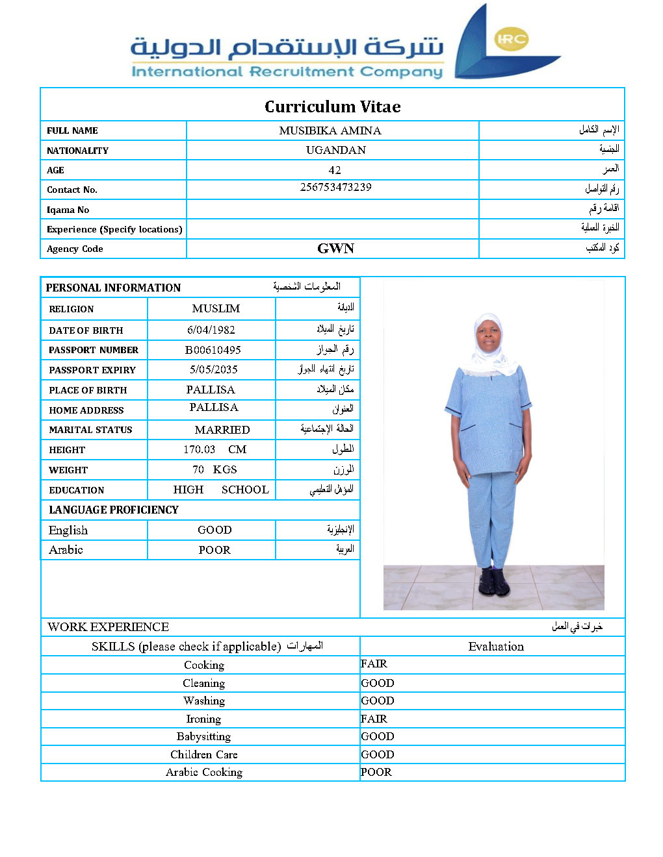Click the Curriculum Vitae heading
(x=332, y=106)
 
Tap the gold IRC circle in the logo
(x=511, y=39)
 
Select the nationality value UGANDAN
(x=335, y=150)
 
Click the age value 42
(x=335, y=170)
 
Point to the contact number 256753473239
(x=335, y=187)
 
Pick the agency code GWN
(x=335, y=249)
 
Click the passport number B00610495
(x=213, y=350)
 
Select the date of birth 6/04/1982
(x=211, y=330)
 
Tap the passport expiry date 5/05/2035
(x=213, y=369)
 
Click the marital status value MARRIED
(x=222, y=430)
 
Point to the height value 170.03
(x=199, y=449)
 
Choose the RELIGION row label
(x=71, y=309)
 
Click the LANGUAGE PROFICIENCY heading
(x=114, y=510)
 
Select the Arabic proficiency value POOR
(x=214, y=550)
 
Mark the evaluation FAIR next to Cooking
(x=374, y=664)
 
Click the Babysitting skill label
(x=203, y=736)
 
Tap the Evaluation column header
(x=495, y=646)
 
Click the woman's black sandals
(x=494, y=582)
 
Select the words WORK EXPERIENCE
(x=108, y=627)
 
